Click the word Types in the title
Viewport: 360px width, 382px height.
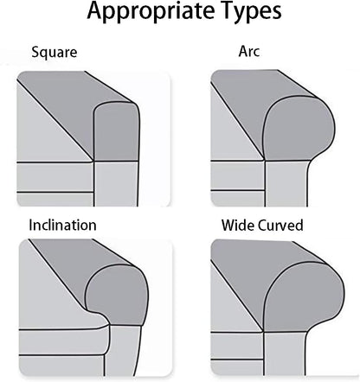248,12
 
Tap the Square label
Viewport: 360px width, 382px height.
55,53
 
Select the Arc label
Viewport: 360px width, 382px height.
249,51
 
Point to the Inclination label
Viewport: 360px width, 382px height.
62,226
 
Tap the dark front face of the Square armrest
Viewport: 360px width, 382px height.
116,131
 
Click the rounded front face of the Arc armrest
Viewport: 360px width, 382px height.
299,129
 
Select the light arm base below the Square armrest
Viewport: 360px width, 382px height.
116,184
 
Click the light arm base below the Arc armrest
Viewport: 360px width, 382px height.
286,184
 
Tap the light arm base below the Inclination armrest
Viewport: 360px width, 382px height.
123,351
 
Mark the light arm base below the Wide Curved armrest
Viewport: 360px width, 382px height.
285,353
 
